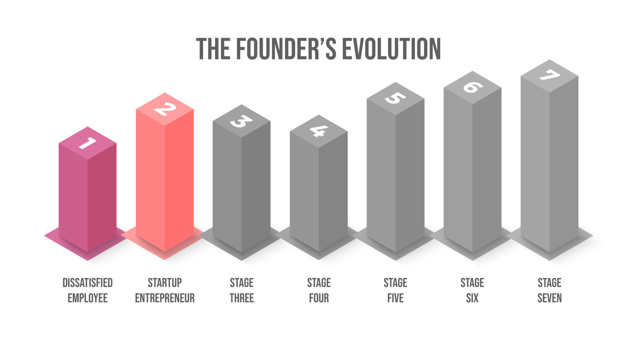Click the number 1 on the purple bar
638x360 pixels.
click(88, 143)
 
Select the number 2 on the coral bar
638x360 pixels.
click(165, 109)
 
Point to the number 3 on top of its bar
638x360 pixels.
click(241, 121)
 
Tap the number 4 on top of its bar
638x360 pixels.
click(319, 131)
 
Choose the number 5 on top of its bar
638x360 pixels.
click(395, 98)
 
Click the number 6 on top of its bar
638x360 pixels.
click(473, 87)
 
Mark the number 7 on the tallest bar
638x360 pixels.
click(549, 75)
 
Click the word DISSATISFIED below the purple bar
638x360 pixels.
click(88, 283)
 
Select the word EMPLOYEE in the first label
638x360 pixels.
click(88, 298)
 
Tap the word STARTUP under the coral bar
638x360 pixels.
click(165, 283)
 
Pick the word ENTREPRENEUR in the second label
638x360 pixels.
click(165, 298)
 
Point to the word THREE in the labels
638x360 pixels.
click(241, 298)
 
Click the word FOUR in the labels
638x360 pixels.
click(319, 298)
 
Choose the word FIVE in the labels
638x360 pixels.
click(395, 298)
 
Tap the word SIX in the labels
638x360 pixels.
click(472, 298)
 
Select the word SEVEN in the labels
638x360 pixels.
click(549, 298)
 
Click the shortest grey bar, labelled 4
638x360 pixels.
click(319, 192)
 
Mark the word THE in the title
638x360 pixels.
click(213, 49)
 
